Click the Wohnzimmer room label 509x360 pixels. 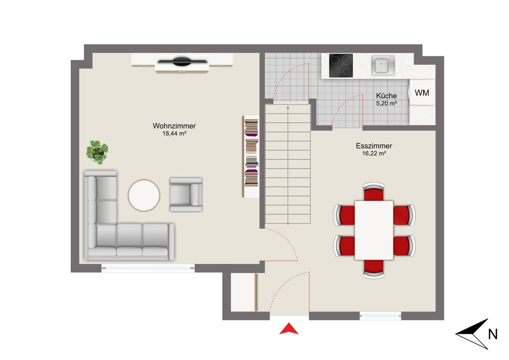pyautogui.click(x=174, y=126)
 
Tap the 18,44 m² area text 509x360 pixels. pyautogui.click(x=174, y=134)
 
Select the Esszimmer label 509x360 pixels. pyautogui.click(x=374, y=146)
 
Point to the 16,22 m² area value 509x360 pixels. pyautogui.click(x=374, y=153)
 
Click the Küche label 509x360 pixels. pyautogui.click(x=386, y=96)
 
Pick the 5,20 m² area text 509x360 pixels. pyautogui.click(x=386, y=103)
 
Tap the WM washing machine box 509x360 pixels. pyautogui.click(x=422, y=93)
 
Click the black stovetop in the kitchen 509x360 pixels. pyautogui.click(x=341, y=65)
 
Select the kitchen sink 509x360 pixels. pyautogui.click(x=383, y=65)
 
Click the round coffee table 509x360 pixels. pyautogui.click(x=144, y=196)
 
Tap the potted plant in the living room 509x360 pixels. pyautogui.click(x=97, y=152)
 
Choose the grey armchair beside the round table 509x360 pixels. pyautogui.click(x=186, y=194)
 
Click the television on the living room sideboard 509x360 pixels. pyautogui.click(x=182, y=62)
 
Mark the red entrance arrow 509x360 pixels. pyautogui.click(x=288, y=329)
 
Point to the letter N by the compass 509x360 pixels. pyautogui.click(x=493, y=334)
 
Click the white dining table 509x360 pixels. pyautogui.click(x=374, y=230)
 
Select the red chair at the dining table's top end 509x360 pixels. pyautogui.click(x=374, y=192)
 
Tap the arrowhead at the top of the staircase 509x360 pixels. pyautogui.click(x=288, y=107)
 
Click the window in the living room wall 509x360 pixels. pyautogui.click(x=148, y=268)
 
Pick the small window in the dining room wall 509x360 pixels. pyautogui.click(x=380, y=316)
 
